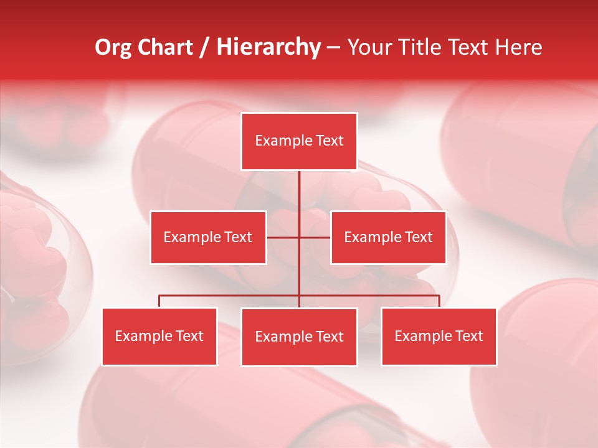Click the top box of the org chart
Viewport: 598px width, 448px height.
[x=299, y=141]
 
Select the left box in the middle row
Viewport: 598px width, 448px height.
[x=208, y=237]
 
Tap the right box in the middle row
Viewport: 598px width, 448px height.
[x=388, y=237]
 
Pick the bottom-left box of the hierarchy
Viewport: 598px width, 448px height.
[x=159, y=336]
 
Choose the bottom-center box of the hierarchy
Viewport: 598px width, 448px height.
[x=299, y=337]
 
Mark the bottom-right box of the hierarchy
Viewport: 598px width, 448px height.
[x=439, y=336]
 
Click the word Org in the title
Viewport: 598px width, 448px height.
[x=113, y=47]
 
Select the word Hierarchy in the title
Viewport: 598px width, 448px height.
[x=268, y=47]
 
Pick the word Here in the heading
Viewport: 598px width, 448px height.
[x=518, y=47]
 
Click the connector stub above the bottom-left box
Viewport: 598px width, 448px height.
[x=159, y=301]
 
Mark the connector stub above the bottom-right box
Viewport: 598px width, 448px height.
[x=439, y=301]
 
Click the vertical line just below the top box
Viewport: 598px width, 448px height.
[x=299, y=187]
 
